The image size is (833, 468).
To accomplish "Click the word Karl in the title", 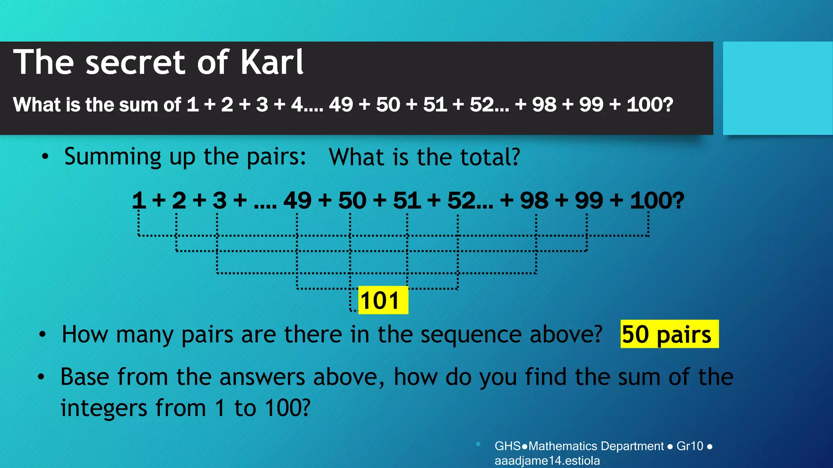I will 272,63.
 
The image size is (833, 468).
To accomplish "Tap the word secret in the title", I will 136,63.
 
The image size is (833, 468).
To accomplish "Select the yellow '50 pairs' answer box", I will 669,334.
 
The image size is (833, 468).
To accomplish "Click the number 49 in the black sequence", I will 297,201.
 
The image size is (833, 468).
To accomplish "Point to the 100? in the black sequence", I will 657,201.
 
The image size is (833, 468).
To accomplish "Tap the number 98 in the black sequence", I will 534,201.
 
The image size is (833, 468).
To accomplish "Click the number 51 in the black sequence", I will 407,201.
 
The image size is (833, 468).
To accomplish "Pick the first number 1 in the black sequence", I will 139,201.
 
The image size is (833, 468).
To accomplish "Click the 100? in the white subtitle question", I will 650,105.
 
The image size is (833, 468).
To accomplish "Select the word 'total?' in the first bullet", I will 490,157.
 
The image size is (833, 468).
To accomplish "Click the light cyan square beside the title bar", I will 777,88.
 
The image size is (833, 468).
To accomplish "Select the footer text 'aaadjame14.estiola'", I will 547,461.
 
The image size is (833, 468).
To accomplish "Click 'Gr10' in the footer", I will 690,446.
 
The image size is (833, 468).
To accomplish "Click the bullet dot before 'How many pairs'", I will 42,335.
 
